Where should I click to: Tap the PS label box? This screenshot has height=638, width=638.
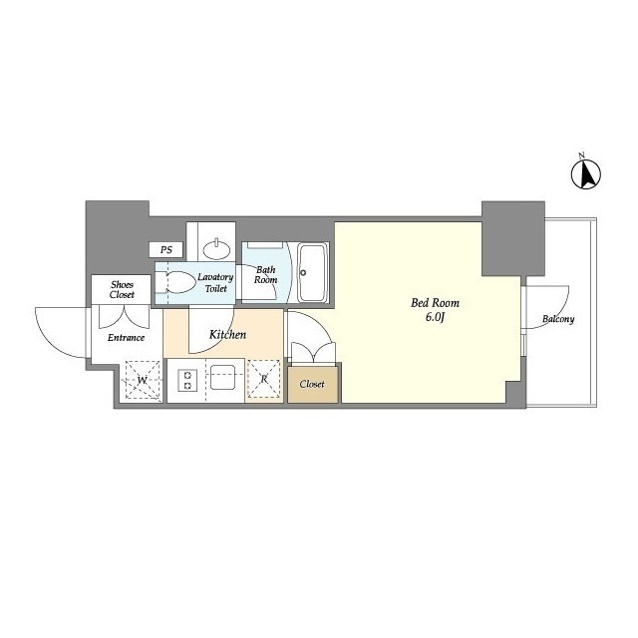pyautogui.click(x=166, y=249)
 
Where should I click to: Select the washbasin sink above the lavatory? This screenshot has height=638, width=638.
pyautogui.click(x=216, y=250)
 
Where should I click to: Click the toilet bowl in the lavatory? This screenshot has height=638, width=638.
pyautogui.click(x=179, y=282)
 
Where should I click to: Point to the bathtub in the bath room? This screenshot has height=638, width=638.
pyautogui.click(x=313, y=272)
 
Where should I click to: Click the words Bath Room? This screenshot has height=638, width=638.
pyautogui.click(x=266, y=275)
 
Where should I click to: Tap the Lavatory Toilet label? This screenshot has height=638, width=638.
pyautogui.click(x=215, y=283)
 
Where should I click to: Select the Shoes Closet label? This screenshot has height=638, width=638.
pyautogui.click(x=122, y=289)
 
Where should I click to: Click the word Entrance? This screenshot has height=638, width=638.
pyautogui.click(x=127, y=337)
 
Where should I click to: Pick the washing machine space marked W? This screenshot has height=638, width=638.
pyautogui.click(x=142, y=380)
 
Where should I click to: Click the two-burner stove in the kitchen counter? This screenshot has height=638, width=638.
pyautogui.click(x=188, y=380)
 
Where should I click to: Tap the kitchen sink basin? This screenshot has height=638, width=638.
pyautogui.click(x=222, y=377)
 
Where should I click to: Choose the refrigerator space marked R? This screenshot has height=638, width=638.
pyautogui.click(x=264, y=379)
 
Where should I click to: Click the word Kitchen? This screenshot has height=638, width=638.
pyautogui.click(x=227, y=335)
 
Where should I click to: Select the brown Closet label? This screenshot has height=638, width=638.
pyautogui.click(x=312, y=384)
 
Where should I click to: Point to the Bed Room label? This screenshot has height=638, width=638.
pyautogui.click(x=435, y=303)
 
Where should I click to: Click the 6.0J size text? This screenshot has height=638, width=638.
pyautogui.click(x=435, y=317)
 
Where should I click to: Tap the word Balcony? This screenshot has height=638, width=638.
pyautogui.click(x=558, y=319)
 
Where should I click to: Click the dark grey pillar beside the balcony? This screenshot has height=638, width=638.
pyautogui.click(x=513, y=238)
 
